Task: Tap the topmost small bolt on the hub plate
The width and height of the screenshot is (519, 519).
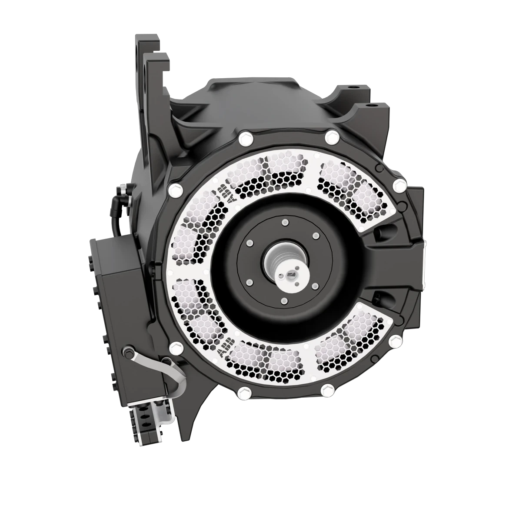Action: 284,223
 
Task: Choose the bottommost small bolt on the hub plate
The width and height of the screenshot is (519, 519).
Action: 283,299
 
